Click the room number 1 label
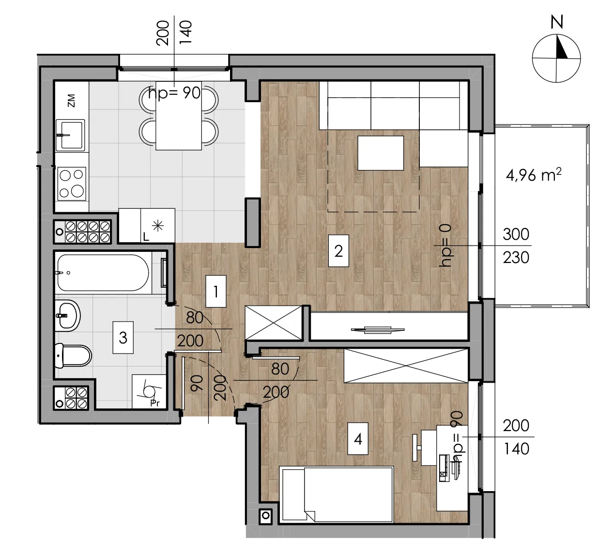(x=216, y=292)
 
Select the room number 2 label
(x=338, y=251)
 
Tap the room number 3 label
(x=123, y=338)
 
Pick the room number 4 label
(x=358, y=439)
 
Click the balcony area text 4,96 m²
(x=534, y=175)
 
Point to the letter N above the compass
(x=556, y=22)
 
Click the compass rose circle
(x=556, y=59)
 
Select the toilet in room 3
(x=73, y=355)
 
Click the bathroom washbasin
(x=68, y=315)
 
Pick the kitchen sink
(x=70, y=135)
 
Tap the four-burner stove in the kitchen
(x=72, y=184)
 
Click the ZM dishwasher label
(x=71, y=100)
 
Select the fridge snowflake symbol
(x=158, y=226)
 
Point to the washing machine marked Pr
(x=149, y=392)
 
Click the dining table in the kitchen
(x=179, y=116)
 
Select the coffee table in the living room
(x=381, y=153)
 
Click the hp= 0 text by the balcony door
(x=445, y=245)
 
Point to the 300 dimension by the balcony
(x=516, y=234)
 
